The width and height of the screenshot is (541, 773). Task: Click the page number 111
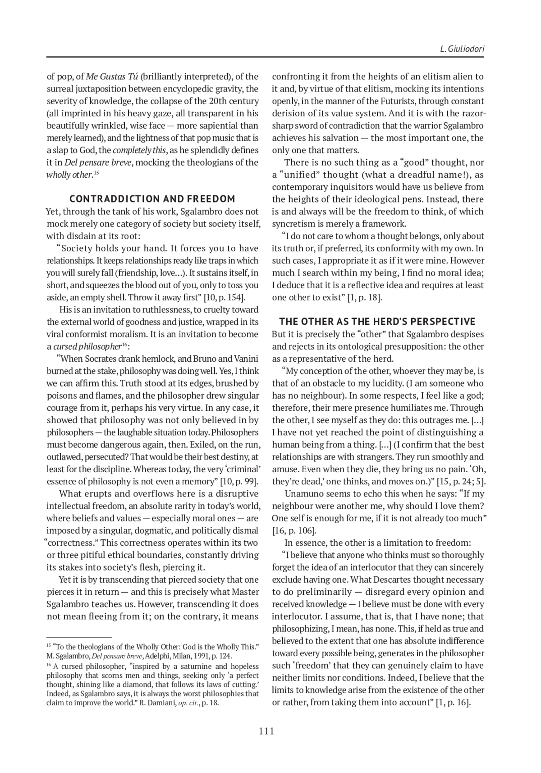[266, 732]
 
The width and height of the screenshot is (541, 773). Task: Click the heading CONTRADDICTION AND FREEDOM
[152, 199]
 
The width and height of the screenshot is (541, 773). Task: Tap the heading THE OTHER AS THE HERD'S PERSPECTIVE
[377, 322]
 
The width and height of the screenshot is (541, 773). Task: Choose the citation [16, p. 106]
[294, 530]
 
